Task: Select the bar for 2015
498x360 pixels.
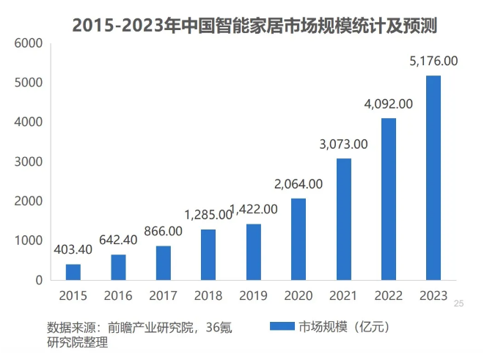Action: (x=73, y=272)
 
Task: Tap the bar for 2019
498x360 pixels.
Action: (x=253, y=252)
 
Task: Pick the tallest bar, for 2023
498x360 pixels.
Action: (x=433, y=177)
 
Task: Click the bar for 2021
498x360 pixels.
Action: (x=343, y=219)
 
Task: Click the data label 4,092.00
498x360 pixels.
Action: (x=388, y=104)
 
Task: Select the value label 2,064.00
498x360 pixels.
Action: (x=298, y=183)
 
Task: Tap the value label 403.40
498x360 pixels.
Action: (x=73, y=249)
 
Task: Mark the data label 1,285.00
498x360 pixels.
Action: (x=208, y=215)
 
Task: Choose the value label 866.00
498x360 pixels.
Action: (x=163, y=231)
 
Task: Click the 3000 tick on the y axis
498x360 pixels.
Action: (x=29, y=161)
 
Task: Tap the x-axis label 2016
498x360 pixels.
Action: (x=118, y=295)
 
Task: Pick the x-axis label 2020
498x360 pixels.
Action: (x=298, y=295)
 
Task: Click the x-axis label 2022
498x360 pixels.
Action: (x=388, y=295)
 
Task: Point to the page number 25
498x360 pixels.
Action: (x=460, y=304)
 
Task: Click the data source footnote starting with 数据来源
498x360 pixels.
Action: (x=139, y=334)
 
